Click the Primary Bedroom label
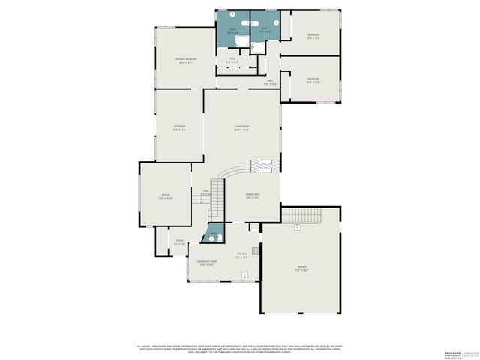click(186, 60)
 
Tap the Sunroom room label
click(179, 127)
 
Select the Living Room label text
click(241, 128)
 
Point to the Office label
click(165, 196)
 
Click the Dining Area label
click(252, 196)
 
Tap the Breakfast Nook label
click(208, 262)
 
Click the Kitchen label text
click(241, 256)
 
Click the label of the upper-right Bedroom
click(313, 36)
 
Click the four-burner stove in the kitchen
click(256, 250)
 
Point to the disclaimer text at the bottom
click(240, 349)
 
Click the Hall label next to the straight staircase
click(206, 193)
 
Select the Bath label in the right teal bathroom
click(265, 31)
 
